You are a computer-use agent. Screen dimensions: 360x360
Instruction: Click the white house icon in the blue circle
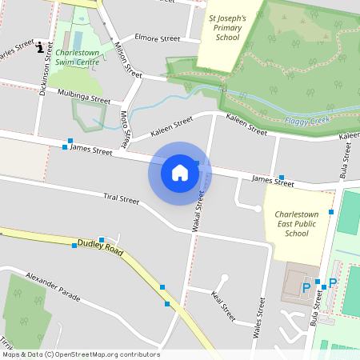[x=180, y=172]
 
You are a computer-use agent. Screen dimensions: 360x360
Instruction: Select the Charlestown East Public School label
[x=296, y=224]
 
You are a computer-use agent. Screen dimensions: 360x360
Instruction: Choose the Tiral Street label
[x=121, y=198]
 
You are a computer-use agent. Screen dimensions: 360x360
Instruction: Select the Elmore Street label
[x=158, y=38]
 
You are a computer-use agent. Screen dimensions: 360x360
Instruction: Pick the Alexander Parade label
[x=53, y=286]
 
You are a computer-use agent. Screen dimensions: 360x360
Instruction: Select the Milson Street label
[x=122, y=56]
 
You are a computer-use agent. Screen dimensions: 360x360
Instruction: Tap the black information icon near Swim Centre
[x=41, y=47]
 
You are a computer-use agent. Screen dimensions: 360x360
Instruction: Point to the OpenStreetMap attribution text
[x=81, y=354]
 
